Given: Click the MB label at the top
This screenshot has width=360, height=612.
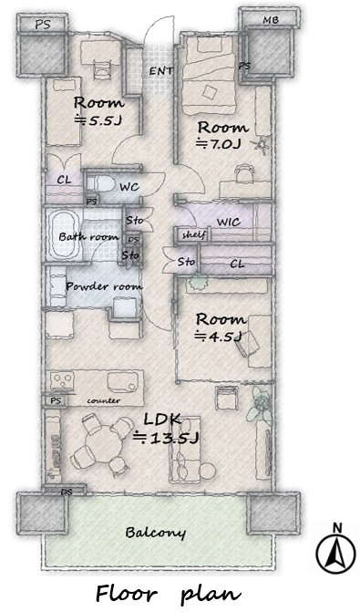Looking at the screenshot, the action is [271, 19].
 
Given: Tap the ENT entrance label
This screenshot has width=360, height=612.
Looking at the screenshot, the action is [161, 71].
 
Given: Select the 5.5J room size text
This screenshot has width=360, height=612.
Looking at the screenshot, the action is [98, 120].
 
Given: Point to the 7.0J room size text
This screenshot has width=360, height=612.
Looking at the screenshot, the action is [219, 144].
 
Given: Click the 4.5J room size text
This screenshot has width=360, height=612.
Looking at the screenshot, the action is [218, 336].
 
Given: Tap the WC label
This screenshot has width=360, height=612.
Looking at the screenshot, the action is [129, 187].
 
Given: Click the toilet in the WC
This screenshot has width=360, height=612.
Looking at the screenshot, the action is [100, 183].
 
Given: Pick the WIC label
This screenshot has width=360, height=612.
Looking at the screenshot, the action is [228, 223].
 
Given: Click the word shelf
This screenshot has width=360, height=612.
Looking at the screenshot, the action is [193, 235].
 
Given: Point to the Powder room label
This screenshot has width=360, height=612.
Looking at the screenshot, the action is [104, 286].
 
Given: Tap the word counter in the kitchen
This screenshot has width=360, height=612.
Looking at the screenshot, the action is [103, 400].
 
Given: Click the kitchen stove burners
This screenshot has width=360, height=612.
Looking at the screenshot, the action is [62, 380].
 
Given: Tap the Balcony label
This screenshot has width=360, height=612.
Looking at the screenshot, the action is [155, 533].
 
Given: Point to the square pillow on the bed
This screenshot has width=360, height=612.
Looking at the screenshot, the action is [210, 93].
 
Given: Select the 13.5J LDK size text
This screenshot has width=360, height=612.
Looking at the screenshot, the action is [166, 438].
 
